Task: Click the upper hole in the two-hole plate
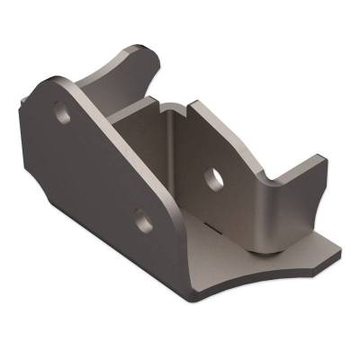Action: pos(64,114)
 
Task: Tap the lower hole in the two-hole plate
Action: pos(141,216)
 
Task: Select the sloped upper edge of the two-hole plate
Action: pos(126,144)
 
